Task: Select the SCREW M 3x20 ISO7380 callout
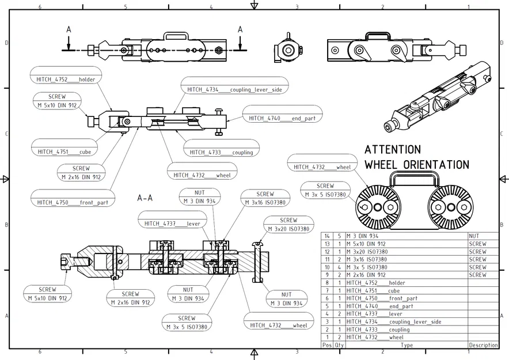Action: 288,225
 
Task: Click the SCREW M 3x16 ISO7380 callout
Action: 265,198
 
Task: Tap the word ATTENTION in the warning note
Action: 393,150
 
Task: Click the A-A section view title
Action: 145,198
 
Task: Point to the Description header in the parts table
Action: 483,345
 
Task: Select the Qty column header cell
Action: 339,345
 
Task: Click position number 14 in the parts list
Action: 327,236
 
